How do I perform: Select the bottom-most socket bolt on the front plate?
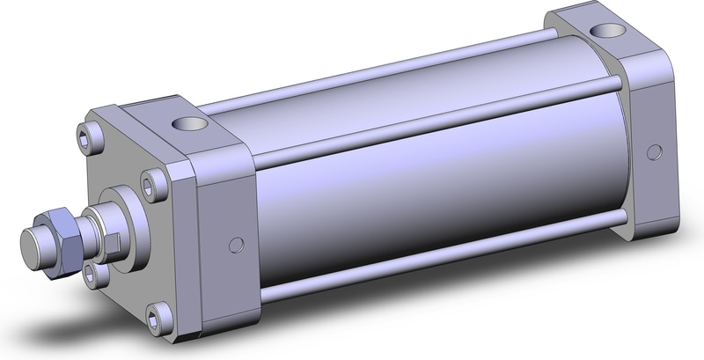pos(158,312)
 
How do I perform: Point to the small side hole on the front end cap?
pos(236,244)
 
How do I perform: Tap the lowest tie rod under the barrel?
pos(440,264)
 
